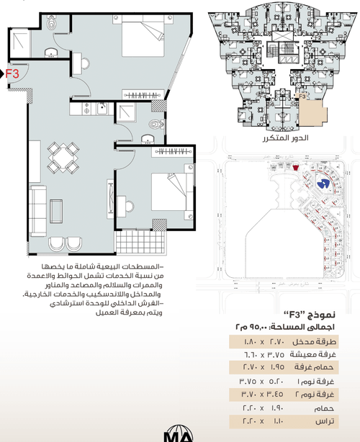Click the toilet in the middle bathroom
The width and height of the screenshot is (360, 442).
coord(152,125)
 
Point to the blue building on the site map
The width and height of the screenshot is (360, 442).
coord(323,184)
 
